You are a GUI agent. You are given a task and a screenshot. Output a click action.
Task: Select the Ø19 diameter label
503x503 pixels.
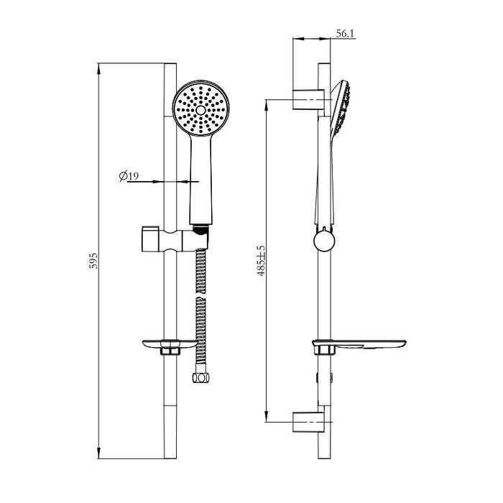tap(129, 175)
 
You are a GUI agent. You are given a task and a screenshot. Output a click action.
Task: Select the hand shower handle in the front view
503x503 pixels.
tap(200, 180)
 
